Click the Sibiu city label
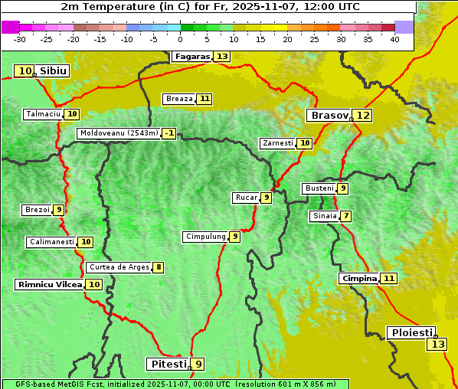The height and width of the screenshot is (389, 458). pos(53,71)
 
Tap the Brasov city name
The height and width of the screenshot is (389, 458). pos(329,116)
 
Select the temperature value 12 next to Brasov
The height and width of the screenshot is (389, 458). pos(363,116)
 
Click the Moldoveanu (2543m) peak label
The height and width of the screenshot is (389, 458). pos(118,133)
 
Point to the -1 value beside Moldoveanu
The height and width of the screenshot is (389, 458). pos(168,133)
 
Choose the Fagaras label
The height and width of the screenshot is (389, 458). pos(191,57)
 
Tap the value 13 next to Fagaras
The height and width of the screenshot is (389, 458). pos(222,57)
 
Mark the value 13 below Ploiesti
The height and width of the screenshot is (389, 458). pos(437,345)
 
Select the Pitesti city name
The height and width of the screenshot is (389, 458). pos(166,364)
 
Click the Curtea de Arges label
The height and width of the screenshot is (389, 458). pos(117,267)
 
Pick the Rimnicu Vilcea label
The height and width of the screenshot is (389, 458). pos(48,284)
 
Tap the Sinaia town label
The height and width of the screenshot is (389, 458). pos(324,216)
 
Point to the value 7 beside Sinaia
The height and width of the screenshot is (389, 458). pos(346,216)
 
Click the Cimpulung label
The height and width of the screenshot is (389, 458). pos(205,237)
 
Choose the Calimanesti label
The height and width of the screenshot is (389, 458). pos(51,242)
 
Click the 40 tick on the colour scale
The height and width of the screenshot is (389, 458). pos(394,39)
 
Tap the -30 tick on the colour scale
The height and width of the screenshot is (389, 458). pos(20,39)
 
